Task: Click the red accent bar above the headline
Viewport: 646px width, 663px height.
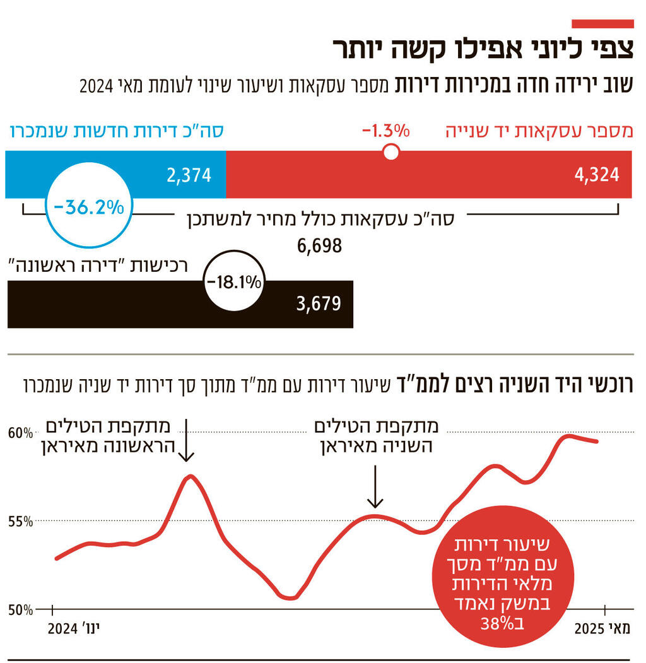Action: [602, 24]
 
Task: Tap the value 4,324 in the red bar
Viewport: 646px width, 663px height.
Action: [596, 175]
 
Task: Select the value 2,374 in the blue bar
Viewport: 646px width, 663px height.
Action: [188, 175]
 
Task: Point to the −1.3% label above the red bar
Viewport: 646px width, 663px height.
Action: [385, 131]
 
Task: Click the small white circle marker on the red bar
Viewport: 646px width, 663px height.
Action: [391, 152]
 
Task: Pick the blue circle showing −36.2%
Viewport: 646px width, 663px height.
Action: [89, 207]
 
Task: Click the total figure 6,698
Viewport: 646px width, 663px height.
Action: [319, 245]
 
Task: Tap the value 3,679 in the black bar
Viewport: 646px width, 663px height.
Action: [318, 304]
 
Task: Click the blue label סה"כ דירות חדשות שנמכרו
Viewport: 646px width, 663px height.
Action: [117, 132]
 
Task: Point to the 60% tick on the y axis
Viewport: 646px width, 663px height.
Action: [21, 433]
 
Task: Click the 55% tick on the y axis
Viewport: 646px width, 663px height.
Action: [21, 522]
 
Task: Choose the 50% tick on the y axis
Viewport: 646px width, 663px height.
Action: [21, 610]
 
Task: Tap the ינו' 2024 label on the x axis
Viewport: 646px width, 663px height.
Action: [75, 629]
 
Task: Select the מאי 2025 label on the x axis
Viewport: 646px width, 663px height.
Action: [602, 629]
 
